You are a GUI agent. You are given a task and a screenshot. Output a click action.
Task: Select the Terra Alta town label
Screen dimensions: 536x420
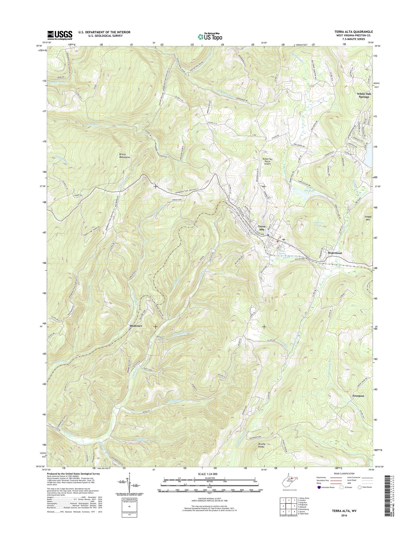pos(261,228)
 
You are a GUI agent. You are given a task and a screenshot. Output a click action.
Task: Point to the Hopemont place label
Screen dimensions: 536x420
pos(335,253)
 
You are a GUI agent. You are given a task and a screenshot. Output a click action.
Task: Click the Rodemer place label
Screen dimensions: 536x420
pos(136,326)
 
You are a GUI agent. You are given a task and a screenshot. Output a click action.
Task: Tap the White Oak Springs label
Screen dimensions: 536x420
pos(363,95)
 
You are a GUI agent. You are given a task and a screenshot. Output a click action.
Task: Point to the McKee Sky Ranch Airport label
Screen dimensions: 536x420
pos(267,161)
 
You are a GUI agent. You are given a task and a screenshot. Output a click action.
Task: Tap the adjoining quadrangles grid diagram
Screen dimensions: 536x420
pos(288,504)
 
